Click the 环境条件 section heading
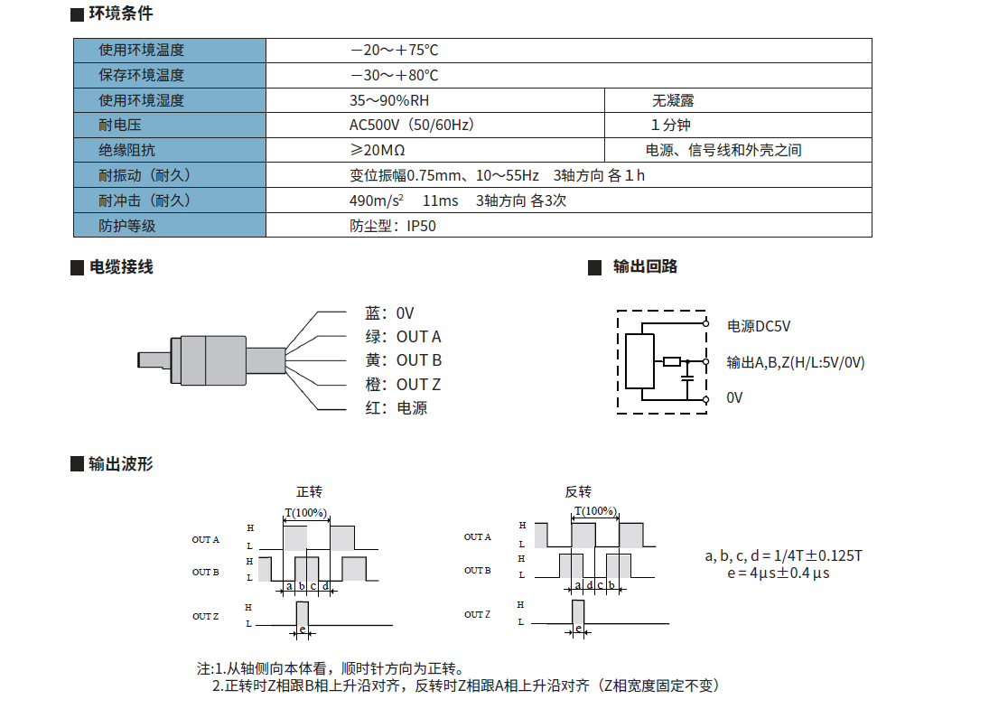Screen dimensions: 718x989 click(x=121, y=14)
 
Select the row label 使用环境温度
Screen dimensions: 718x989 click(x=142, y=51)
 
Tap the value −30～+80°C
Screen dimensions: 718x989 click(x=394, y=76)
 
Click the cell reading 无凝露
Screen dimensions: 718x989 click(x=673, y=101)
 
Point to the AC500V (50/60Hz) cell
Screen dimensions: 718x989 click(x=412, y=126)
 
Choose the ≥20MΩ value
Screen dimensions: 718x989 click(x=377, y=150)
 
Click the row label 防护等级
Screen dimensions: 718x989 click(x=127, y=226)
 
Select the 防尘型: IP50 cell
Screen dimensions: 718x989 click(x=393, y=226)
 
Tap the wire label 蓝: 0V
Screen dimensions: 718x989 click(x=389, y=313)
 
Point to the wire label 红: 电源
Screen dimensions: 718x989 click(x=397, y=408)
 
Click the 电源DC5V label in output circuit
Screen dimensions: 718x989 click(x=765, y=326)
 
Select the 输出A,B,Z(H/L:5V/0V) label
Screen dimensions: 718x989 click(x=796, y=362)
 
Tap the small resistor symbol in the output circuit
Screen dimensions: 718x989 click(x=671, y=362)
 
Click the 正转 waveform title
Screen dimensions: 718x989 click(x=309, y=492)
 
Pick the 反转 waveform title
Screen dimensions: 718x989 click(x=578, y=492)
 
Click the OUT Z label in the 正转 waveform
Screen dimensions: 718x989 click(x=205, y=617)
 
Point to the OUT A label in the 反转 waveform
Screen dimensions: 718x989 click(x=478, y=537)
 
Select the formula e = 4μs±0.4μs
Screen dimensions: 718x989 click(x=778, y=573)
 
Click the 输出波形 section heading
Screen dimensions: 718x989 click(x=121, y=464)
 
